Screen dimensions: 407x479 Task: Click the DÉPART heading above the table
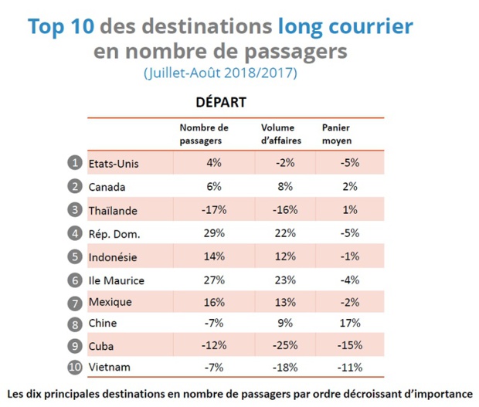220,102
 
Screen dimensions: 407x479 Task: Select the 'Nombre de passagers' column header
203,134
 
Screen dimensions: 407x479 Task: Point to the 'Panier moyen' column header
337,134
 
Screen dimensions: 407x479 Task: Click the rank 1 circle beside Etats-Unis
75,163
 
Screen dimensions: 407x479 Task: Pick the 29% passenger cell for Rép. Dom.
214,233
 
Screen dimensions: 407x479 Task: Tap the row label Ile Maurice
117,280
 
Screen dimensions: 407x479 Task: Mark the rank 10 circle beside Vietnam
75,368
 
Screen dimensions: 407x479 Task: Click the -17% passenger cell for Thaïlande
214,210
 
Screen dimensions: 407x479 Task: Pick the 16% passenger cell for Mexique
214,301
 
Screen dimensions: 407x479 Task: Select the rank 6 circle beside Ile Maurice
75,280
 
